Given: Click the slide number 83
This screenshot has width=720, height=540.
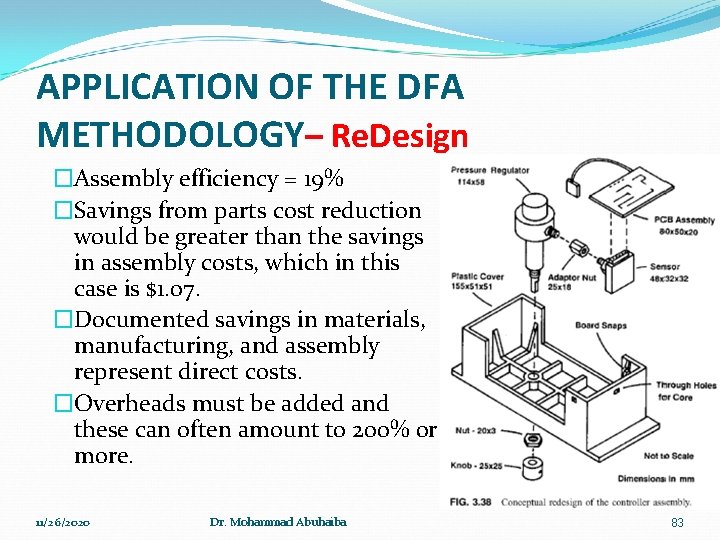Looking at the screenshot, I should (x=677, y=522).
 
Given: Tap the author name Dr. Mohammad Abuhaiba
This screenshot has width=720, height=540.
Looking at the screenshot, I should (x=278, y=522).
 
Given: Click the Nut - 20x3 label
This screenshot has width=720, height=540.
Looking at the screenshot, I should (x=474, y=431).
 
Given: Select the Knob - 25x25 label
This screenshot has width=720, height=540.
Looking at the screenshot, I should (x=478, y=465).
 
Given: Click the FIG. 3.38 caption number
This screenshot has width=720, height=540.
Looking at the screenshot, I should (x=474, y=500).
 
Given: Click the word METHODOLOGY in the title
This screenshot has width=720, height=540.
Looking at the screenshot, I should (x=167, y=134).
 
